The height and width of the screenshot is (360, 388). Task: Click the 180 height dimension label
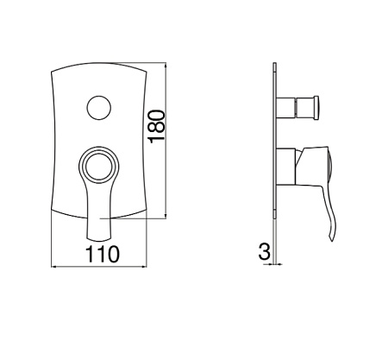pyautogui.click(x=157, y=126)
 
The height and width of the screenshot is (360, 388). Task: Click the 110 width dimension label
pyautogui.click(x=103, y=254)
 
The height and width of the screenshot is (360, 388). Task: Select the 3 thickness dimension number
pyautogui.click(x=265, y=251)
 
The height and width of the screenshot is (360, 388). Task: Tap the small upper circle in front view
pyautogui.click(x=99, y=107)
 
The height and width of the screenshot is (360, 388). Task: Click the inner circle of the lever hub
pyautogui.click(x=99, y=167)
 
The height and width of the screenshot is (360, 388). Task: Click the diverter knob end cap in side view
pyautogui.click(x=316, y=108)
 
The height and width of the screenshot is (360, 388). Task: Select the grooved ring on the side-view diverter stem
pyautogui.click(x=295, y=108)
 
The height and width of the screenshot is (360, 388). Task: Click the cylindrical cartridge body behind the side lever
pyautogui.click(x=286, y=166)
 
